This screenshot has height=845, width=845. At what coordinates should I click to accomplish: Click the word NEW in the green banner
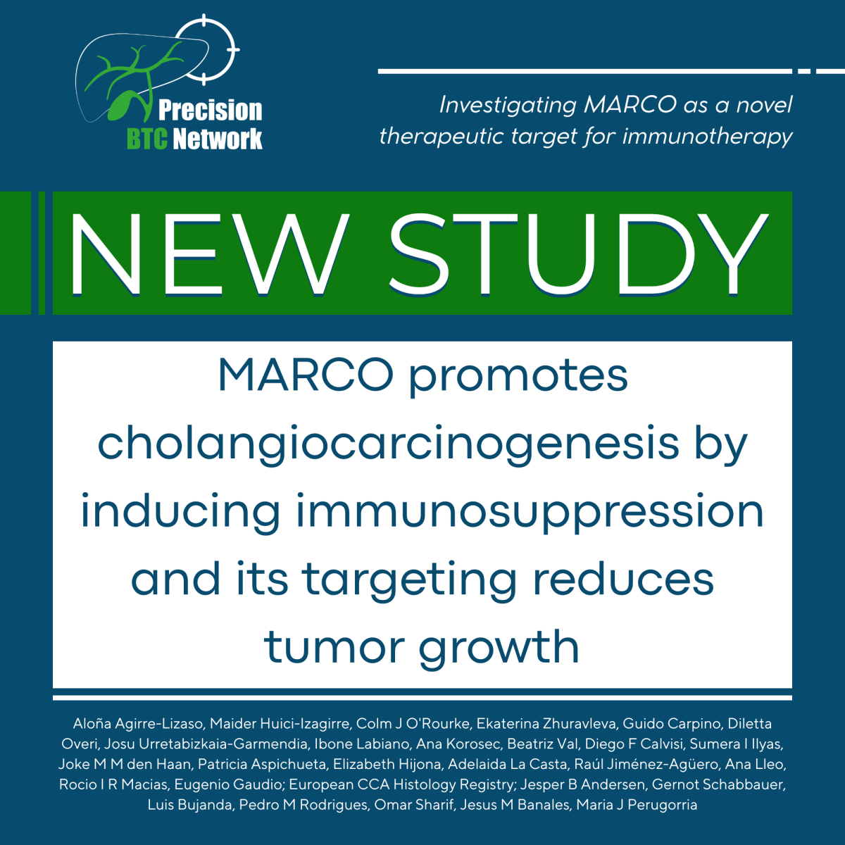pos(210,254)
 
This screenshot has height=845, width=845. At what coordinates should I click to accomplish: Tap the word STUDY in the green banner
pos(579,254)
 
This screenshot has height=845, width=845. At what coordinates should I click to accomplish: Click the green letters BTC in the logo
pos(147,139)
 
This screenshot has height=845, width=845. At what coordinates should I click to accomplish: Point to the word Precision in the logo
pos(210,110)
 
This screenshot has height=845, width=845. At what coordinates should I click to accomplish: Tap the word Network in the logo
pos(218,139)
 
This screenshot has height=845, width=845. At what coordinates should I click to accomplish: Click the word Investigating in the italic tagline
pos(508,106)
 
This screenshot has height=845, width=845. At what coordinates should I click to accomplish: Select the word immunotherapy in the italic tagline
pos(707,137)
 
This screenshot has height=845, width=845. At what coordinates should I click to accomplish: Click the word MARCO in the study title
pos(306,375)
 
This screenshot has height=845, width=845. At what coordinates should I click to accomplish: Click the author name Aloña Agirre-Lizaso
pos(139,724)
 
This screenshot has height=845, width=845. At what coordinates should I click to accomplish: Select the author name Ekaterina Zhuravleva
pos(546,724)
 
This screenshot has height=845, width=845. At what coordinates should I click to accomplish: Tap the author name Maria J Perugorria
pos(637,805)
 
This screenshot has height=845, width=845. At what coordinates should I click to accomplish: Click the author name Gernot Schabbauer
pos(718,784)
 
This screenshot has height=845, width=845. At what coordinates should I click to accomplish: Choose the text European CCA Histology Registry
pos(401,784)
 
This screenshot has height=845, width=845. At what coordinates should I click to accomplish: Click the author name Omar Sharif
pos(414,805)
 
